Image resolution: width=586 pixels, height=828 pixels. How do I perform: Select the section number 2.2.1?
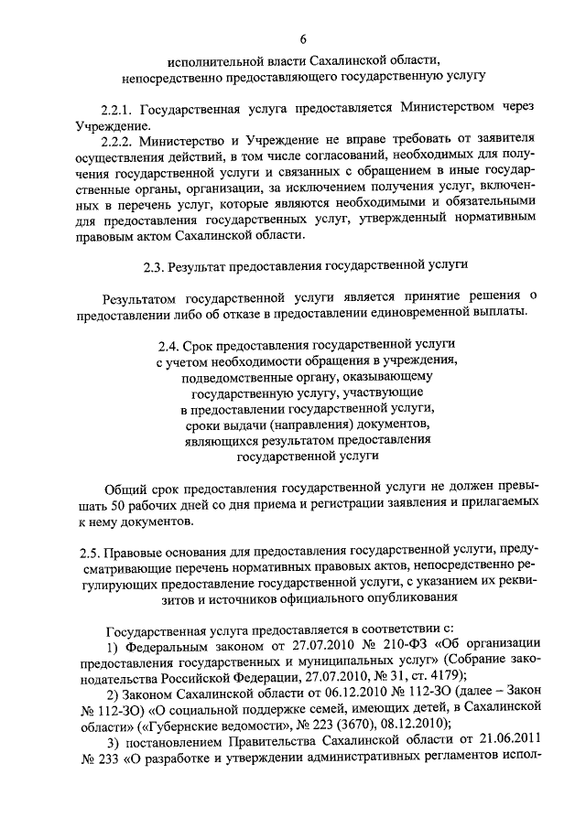121,108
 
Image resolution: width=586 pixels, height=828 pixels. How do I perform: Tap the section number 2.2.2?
121,142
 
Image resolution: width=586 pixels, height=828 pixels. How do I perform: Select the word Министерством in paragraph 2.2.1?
450,108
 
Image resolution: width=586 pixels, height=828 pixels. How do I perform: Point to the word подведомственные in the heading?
237,376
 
